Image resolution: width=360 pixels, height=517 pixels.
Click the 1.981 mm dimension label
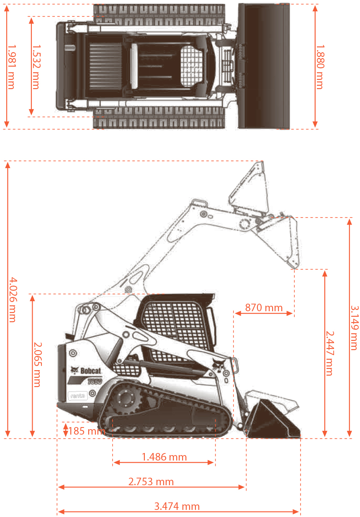pos(11,67)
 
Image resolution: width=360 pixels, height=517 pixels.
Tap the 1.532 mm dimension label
pos(36,67)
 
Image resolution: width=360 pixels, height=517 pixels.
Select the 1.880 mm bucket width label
pos(320,67)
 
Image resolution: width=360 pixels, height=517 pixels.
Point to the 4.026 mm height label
pos(13,299)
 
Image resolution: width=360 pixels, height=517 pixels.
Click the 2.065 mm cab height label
pos(37,364)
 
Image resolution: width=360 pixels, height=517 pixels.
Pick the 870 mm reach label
pos(263,308)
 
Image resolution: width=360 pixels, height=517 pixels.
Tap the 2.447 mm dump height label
pos(329,353)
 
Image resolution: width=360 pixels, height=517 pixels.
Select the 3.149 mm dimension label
pos(354,328)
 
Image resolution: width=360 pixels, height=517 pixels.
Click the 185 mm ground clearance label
pos(87,431)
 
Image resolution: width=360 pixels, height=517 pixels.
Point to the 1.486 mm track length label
pos(164,457)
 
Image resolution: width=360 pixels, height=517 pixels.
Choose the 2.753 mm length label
pos(151,481)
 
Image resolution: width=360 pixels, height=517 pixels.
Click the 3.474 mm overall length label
pos(177,506)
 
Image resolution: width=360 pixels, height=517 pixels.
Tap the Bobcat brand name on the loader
pos(90,371)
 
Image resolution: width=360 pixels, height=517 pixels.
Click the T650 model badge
pos(95,381)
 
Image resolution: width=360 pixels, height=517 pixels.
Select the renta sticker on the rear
pos(77,396)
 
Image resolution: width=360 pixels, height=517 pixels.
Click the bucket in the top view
pos(264,66)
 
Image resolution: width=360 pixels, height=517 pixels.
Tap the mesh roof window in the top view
pos(191,66)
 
